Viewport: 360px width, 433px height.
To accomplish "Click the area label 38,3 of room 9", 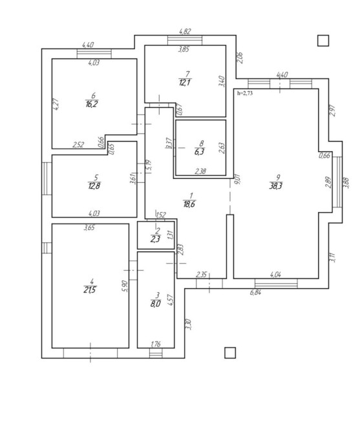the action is coord(275,186).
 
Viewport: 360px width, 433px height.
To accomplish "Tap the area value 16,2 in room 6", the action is coord(92,104).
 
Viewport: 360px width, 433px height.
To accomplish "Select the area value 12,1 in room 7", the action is coord(185,82).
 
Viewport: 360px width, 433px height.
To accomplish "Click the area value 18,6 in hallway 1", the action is coord(189,204).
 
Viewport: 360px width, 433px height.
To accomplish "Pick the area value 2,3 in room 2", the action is coord(155,238).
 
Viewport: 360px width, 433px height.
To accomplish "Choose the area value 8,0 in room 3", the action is coord(155,304).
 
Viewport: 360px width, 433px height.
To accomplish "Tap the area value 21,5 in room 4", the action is coord(90,290).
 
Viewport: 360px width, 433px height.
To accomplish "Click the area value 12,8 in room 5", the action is coord(94,185).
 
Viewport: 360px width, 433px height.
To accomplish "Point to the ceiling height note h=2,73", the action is coord(245,93).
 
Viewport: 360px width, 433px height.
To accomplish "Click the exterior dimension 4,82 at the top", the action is coord(185,31).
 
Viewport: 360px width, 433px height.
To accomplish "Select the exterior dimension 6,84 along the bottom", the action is coord(255,292).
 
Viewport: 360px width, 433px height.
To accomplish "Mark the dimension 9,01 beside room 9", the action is coord(237,179).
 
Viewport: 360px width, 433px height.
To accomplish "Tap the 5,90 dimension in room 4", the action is coord(125,286).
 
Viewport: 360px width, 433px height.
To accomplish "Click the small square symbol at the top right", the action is coord(323,41).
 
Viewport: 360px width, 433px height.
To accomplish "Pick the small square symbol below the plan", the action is coord(230,353).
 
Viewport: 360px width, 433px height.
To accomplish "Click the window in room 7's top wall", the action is coord(185,40).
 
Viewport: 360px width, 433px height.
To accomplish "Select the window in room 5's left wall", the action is coord(47,178).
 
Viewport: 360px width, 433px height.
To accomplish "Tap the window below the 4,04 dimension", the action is coord(276,284).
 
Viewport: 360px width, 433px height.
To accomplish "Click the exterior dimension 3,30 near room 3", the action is coord(189,324).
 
